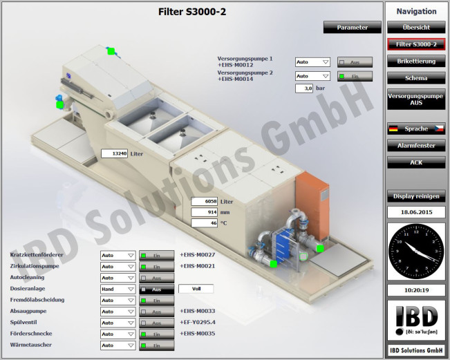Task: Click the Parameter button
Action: click(x=353, y=28)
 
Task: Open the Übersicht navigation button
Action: click(x=416, y=28)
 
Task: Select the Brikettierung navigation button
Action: click(x=416, y=61)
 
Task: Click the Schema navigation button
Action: click(x=416, y=78)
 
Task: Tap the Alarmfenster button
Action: click(x=416, y=146)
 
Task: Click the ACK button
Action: click(x=416, y=162)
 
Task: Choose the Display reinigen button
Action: click(x=416, y=196)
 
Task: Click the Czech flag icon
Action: click(x=439, y=129)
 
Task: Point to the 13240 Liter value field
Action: click(x=115, y=153)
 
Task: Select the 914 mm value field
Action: click(x=205, y=212)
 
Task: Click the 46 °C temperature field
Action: click(x=205, y=223)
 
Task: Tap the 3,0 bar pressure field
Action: click(x=304, y=88)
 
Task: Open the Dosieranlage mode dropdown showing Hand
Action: click(x=118, y=289)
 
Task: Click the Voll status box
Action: click(x=196, y=289)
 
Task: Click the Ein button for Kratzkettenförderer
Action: click(x=156, y=255)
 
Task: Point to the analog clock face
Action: click(x=416, y=250)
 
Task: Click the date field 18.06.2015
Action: click(x=416, y=212)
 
